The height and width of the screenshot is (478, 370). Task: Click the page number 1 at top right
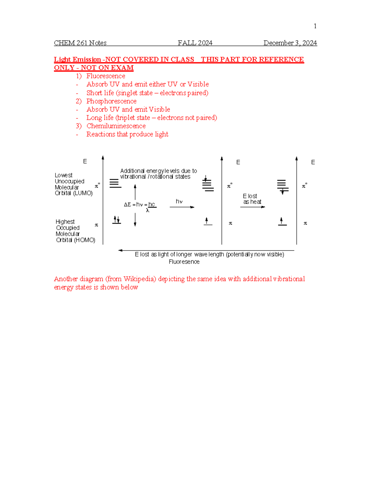pos(315,26)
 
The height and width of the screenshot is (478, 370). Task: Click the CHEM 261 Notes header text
pos(80,43)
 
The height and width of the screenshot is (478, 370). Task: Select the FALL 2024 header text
pos(195,43)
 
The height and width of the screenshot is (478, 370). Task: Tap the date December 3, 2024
pos(290,43)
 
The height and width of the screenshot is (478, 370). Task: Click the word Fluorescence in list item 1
pos(106,76)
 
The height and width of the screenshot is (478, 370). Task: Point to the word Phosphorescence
pos(111,101)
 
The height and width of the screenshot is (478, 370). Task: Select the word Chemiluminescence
pos(116,126)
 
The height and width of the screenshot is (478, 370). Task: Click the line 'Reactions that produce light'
pos(127,135)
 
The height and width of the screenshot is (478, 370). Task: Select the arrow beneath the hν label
pos(182,207)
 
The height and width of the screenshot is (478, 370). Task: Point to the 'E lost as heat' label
pos(252,199)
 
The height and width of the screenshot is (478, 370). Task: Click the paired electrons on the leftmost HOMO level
pos(117,220)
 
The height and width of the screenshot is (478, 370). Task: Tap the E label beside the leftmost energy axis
pos(85,162)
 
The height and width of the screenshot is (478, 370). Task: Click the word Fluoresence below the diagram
pos(184,262)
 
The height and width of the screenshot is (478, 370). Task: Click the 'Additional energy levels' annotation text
pos(158,174)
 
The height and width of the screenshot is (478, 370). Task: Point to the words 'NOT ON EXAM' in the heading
pos(107,68)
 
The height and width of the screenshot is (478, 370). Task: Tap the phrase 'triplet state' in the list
pos(134,118)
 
